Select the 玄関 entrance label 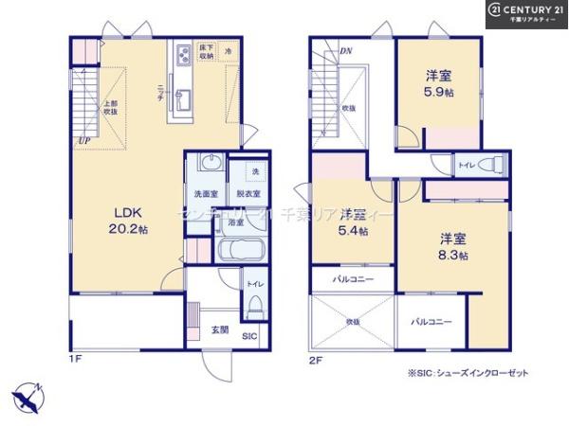point(219,330)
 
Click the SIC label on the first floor point(249,336)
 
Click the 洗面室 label point(207,194)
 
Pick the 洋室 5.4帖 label point(354,221)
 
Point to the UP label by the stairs point(84,143)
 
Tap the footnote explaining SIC point(468,373)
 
